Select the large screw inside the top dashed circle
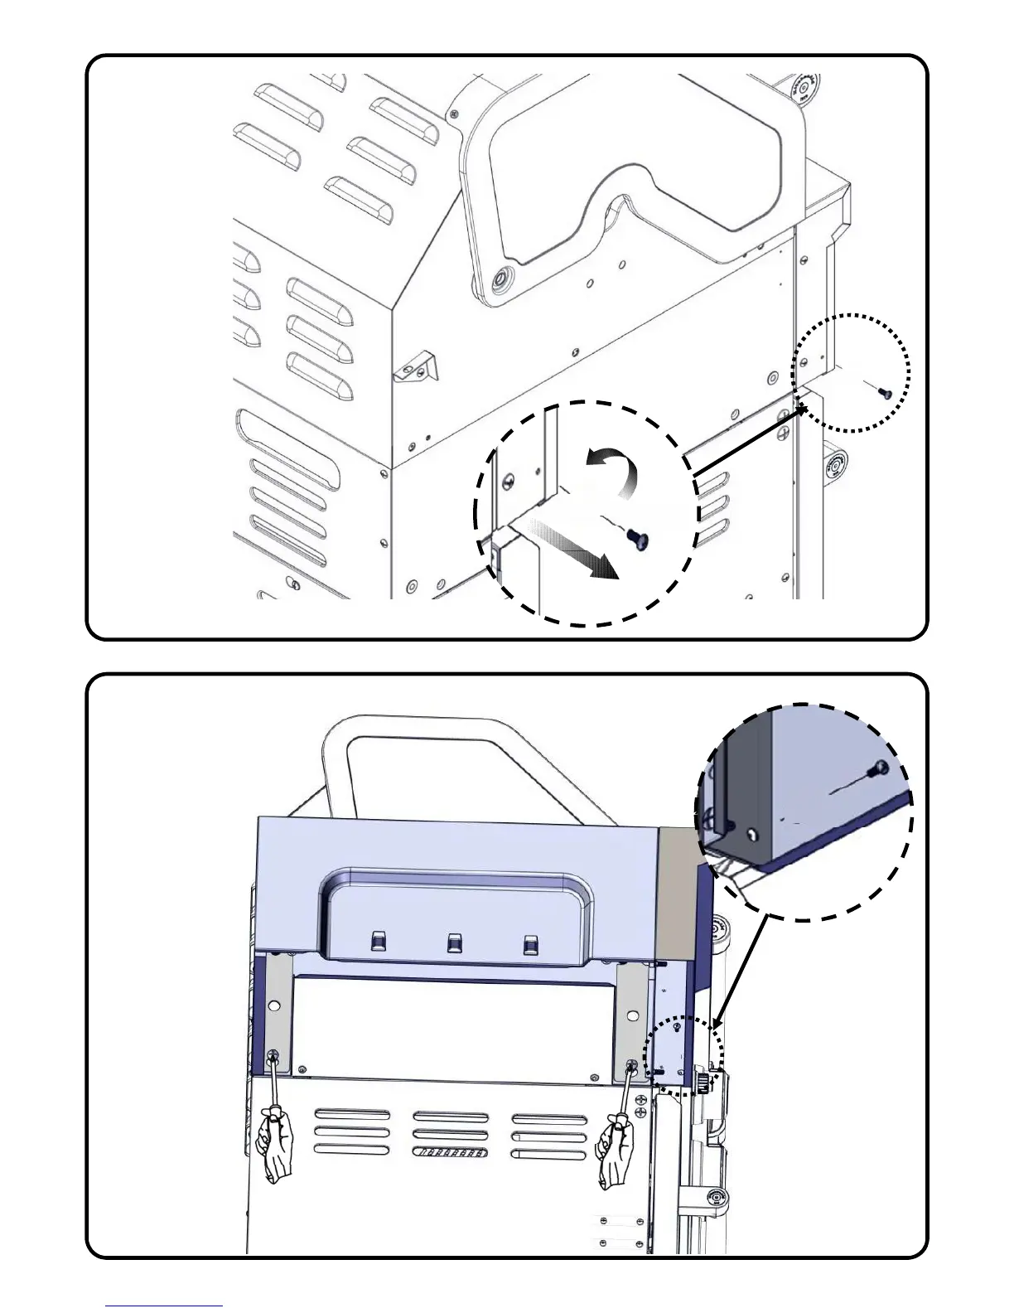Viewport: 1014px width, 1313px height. pyautogui.click(x=638, y=538)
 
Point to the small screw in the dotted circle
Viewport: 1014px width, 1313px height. pyautogui.click(x=882, y=392)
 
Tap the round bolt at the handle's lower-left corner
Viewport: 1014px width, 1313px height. pyautogui.click(x=500, y=279)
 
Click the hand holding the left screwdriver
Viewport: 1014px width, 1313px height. pyautogui.click(x=276, y=1143)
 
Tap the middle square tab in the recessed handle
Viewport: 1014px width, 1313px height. pyautogui.click(x=454, y=942)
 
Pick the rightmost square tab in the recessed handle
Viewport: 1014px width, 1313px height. pyautogui.click(x=530, y=944)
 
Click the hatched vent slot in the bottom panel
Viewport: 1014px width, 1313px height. pyautogui.click(x=450, y=1152)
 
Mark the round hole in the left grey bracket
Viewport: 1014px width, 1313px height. pyautogui.click(x=274, y=1005)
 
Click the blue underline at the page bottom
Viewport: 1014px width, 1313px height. pyautogui.click(x=164, y=1306)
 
